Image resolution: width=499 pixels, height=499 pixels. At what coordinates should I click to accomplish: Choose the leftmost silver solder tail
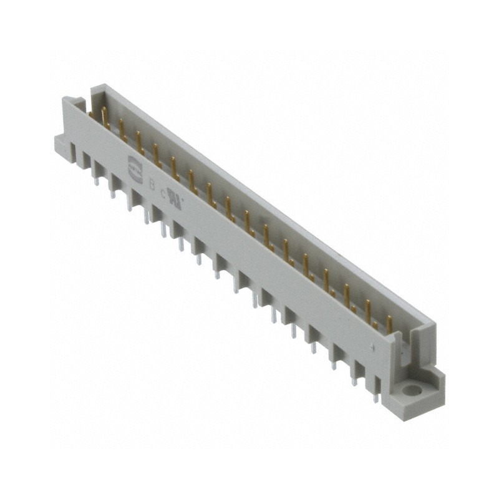[95, 180]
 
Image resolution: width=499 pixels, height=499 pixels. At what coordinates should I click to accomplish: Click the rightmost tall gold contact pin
[388, 323]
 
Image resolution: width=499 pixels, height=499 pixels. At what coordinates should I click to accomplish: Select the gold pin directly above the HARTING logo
[138, 140]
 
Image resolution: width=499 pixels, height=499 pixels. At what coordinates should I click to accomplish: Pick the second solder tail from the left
[113, 191]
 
